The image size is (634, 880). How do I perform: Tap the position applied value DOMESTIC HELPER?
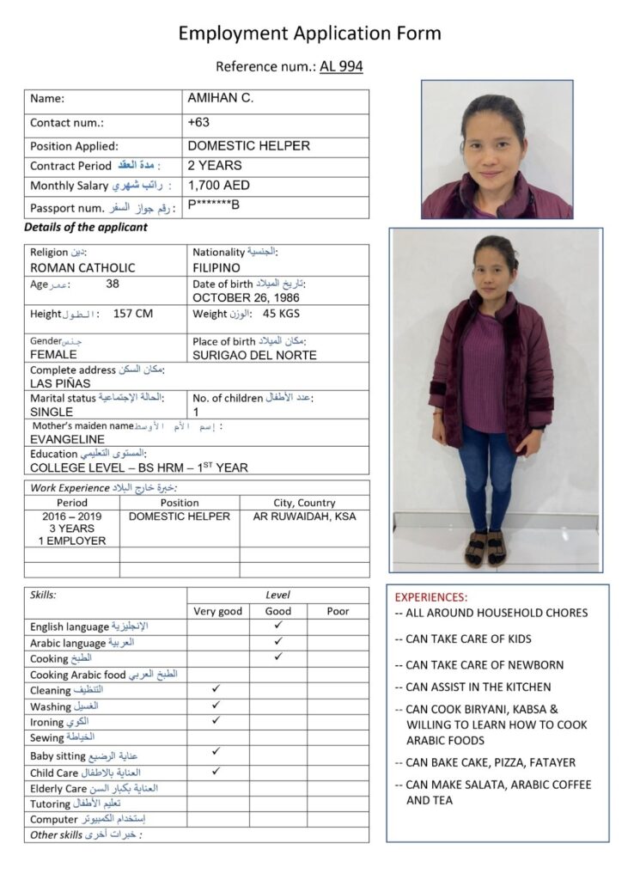coord(249,146)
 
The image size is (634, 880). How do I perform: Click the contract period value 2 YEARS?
coord(215,165)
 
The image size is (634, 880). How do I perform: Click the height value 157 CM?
coord(133,314)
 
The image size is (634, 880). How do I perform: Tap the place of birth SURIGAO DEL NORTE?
coord(254,355)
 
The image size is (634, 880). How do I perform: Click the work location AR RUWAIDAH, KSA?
coord(304,516)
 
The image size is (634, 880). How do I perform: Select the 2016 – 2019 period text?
coord(71,516)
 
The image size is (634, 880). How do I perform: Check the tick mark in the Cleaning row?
coord(216,689)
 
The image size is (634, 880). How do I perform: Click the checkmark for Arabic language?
coord(277,641)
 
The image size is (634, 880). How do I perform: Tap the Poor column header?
coord(338,611)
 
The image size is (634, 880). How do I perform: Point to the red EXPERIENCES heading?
coord(431,596)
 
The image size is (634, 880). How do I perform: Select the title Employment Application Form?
coord(310,34)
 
